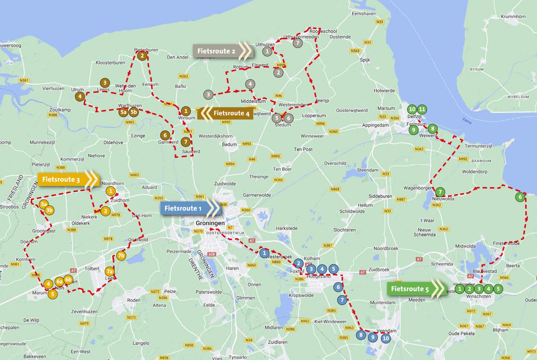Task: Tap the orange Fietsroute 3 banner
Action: coord(65,180)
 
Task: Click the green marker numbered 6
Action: coord(520,197)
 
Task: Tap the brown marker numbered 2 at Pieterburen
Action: coord(142,56)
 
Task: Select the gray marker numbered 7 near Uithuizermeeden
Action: coord(298,43)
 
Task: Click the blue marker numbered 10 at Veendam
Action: coord(386,339)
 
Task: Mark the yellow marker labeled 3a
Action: coord(43,204)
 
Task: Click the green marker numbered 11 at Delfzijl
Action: coord(422,109)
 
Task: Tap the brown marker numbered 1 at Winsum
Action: coord(186,111)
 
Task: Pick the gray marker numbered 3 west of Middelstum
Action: coord(208,94)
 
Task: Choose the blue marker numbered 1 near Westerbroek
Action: coord(264,253)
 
